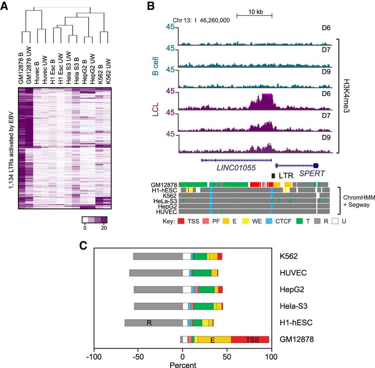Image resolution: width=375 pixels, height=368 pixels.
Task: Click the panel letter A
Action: tap(4, 6)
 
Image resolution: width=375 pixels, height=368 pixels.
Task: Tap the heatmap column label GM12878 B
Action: tap(21, 68)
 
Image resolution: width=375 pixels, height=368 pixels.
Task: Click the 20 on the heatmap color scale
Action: tap(104, 228)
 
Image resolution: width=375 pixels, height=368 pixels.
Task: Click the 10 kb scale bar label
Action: tap(255, 12)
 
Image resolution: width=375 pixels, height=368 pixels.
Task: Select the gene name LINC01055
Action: tap(236, 168)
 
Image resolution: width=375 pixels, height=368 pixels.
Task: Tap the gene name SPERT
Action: tap(312, 173)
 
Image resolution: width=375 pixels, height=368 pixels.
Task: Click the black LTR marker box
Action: tap(273, 176)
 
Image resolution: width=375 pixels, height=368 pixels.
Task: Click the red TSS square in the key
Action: tap(181, 221)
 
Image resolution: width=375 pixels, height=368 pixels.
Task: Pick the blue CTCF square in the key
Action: tap(269, 221)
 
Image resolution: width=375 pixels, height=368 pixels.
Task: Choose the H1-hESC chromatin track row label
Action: tap(164, 190)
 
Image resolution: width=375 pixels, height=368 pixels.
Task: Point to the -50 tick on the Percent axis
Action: tap(138, 357)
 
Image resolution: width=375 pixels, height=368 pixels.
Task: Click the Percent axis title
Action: tap(183, 365)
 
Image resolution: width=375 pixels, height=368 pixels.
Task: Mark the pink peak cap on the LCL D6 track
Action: tap(267, 94)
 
